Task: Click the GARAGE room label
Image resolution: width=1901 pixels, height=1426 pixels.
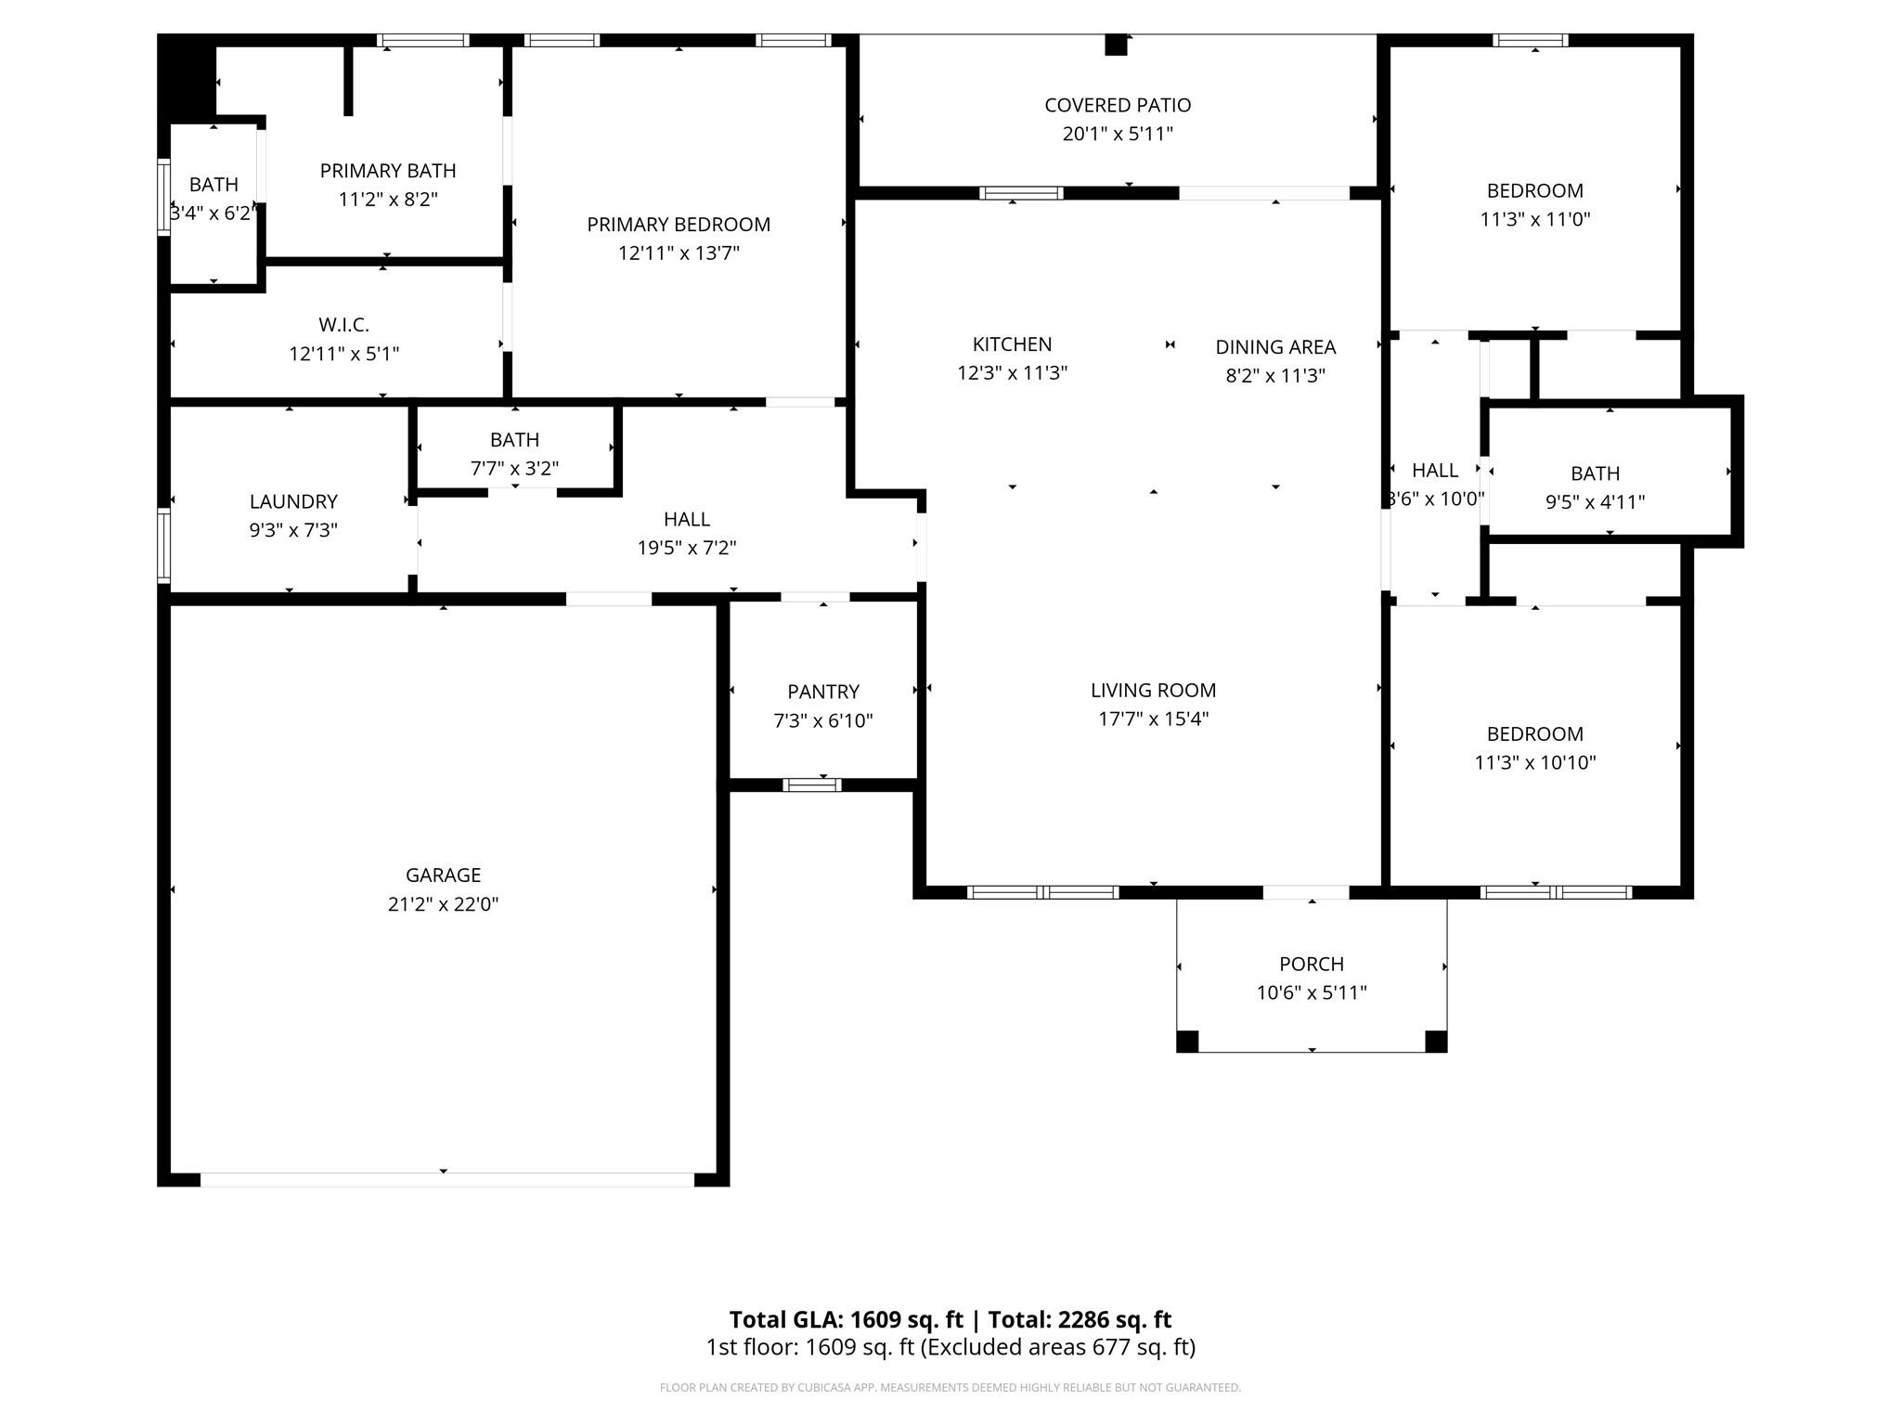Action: coord(443,875)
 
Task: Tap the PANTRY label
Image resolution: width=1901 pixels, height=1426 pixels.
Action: coord(823,692)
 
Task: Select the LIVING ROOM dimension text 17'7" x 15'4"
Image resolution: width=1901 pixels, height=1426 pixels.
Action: coord(1154,719)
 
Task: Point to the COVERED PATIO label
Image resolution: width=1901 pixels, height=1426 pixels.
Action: coord(1118,105)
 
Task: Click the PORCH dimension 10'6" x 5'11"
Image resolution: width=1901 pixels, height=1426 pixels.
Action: coord(1312,992)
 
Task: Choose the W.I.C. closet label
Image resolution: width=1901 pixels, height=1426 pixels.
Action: coord(344,325)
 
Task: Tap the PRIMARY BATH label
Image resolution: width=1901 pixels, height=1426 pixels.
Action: coord(388,171)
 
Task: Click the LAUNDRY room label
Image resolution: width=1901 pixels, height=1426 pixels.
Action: coord(293,501)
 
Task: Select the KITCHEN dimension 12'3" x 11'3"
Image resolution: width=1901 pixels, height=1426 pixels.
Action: coord(1013,373)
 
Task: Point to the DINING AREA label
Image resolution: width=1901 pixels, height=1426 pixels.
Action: coord(1275,347)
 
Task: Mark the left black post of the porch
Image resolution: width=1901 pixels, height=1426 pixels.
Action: coord(1187,1041)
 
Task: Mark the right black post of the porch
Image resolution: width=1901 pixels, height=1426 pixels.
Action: coord(1436,1041)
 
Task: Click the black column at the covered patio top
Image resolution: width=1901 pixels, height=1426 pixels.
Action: coord(1116,45)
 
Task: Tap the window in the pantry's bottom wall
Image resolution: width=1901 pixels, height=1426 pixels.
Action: coord(812,785)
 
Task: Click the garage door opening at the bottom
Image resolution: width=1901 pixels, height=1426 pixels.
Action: coord(447,1179)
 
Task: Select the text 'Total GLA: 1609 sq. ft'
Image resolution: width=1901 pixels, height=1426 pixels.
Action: coord(847,1319)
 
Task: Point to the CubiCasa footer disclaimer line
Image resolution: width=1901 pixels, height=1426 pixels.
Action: coord(950,1388)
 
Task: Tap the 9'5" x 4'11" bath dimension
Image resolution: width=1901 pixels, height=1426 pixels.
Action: coord(1595,502)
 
